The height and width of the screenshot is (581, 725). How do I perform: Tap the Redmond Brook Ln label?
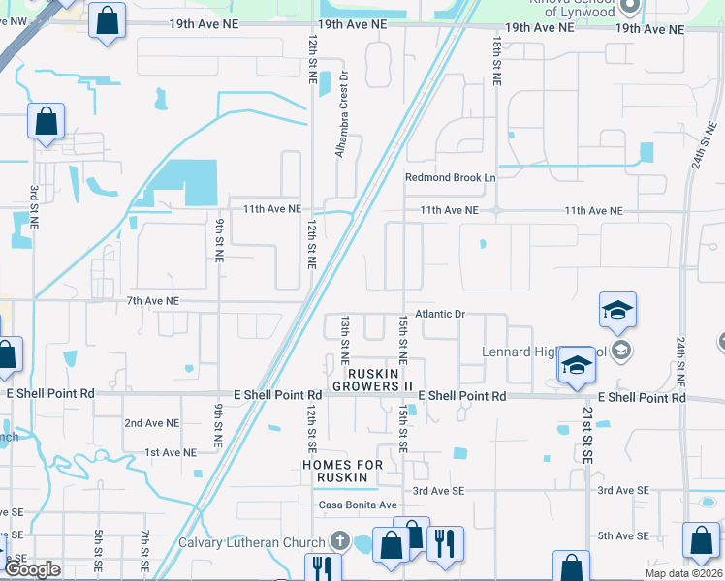pyautogui.click(x=450, y=178)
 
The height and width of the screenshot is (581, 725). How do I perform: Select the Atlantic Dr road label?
pyautogui.click(x=441, y=315)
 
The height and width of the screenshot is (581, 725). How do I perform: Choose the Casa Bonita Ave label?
pyautogui.click(x=358, y=505)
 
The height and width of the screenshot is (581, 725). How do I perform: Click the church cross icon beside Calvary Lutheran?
pyautogui.click(x=339, y=541)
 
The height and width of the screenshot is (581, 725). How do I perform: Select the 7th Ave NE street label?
pyautogui.click(x=153, y=302)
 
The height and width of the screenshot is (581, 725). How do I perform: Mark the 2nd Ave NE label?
pyautogui.click(x=152, y=423)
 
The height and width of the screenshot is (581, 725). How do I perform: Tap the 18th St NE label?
pyautogui.click(x=496, y=61)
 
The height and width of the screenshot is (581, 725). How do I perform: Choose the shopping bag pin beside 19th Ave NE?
pyautogui.click(x=107, y=18)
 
